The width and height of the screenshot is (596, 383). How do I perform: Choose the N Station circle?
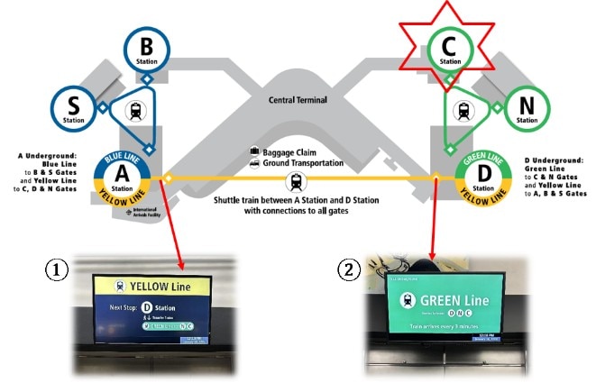pos(527,107)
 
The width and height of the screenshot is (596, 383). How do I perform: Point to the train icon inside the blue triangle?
pos(134,110)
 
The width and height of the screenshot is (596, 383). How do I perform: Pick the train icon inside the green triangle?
pos(464,110)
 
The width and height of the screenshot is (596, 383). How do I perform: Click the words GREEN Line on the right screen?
pos(452,299)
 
